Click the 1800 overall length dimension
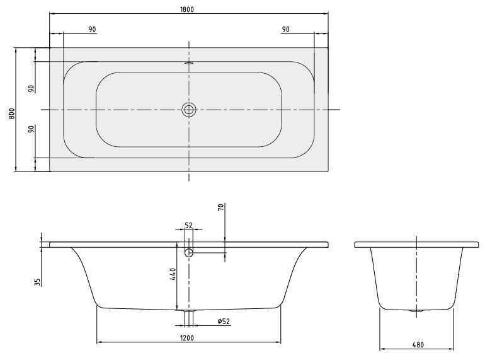188,8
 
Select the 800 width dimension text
11,113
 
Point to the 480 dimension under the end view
417,344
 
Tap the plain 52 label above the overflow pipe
188,225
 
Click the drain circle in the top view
189,110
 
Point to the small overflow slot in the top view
189,63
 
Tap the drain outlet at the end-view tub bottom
416,310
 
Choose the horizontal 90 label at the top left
92,30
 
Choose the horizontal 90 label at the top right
285,30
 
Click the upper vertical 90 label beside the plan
31,88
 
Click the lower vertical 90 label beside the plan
31,129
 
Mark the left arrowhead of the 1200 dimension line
99,342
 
